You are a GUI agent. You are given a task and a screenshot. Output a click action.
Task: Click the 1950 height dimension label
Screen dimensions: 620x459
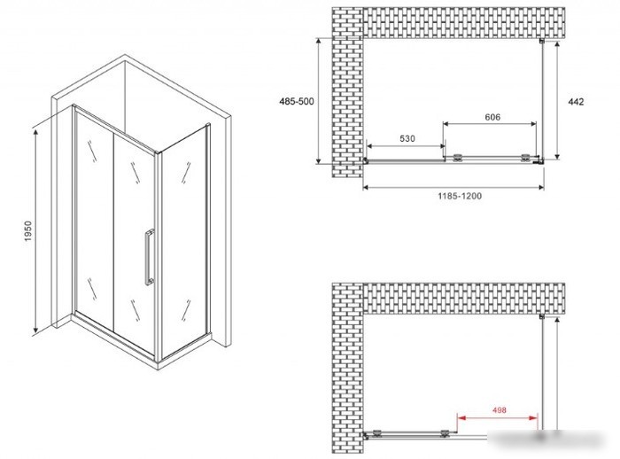click(x=27, y=231)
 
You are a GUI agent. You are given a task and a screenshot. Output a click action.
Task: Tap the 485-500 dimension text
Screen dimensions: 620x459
click(x=297, y=101)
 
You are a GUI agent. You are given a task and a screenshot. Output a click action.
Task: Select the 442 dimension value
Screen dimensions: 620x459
click(x=576, y=102)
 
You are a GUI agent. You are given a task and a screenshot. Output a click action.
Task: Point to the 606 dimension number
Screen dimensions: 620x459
click(x=492, y=117)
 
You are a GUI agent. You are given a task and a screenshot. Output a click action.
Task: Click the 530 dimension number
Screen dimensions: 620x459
click(x=407, y=138)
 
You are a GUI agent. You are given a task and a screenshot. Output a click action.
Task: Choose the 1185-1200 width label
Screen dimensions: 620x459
click(x=460, y=196)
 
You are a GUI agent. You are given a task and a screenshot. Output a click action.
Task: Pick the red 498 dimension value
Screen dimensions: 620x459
click(x=500, y=410)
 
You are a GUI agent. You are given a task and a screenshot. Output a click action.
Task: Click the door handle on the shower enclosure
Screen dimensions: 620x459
click(x=149, y=257)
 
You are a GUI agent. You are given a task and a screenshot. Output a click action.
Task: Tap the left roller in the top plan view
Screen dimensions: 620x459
click(x=458, y=158)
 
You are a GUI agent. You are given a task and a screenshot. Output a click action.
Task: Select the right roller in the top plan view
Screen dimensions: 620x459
click(x=525, y=158)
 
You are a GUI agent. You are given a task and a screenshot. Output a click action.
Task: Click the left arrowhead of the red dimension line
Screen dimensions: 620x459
click(x=461, y=417)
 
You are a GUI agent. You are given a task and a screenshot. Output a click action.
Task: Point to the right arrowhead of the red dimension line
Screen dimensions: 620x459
click(x=534, y=417)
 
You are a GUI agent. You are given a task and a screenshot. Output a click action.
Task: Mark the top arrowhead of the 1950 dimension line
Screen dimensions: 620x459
click(x=35, y=133)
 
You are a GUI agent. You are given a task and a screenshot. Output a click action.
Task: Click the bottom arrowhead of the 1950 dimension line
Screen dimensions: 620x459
click(x=35, y=330)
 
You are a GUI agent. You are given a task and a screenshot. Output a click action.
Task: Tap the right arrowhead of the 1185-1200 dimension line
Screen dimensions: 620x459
click(x=540, y=187)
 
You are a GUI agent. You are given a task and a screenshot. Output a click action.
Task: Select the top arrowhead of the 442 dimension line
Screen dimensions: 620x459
click(x=557, y=44)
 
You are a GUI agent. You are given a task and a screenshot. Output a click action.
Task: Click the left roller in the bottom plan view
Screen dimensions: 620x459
click(x=376, y=433)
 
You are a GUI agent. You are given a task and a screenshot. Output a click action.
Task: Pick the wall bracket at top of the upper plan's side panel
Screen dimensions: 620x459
click(x=542, y=41)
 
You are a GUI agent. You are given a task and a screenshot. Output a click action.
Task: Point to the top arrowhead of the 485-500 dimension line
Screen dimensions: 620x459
click(x=318, y=41)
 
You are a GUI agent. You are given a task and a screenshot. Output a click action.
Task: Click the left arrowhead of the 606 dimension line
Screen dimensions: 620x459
click(x=446, y=124)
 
